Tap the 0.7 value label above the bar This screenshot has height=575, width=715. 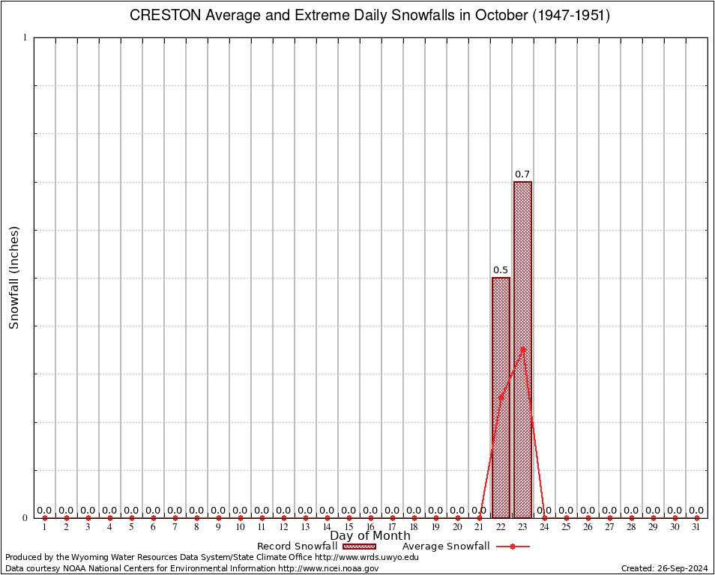click(x=522, y=174)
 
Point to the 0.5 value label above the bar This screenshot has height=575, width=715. click(x=501, y=270)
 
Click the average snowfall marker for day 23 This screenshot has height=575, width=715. click(x=523, y=347)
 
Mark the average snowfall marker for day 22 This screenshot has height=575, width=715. click(x=501, y=398)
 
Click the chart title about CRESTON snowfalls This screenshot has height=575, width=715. click(x=370, y=16)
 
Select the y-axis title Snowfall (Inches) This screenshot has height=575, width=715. click(x=13, y=278)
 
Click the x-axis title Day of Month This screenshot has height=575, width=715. click(x=370, y=535)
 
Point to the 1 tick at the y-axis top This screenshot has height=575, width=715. click(x=25, y=37)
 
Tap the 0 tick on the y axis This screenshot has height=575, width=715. click(x=25, y=517)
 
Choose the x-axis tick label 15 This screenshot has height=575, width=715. click(x=349, y=527)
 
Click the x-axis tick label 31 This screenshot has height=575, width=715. click(x=696, y=527)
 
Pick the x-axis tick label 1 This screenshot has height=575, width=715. click(x=44, y=527)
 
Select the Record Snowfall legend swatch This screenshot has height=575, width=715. click(x=359, y=547)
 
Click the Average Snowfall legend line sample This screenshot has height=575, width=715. click(x=512, y=547)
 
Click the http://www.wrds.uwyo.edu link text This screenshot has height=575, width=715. click(x=366, y=557)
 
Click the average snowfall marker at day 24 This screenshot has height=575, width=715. click(x=544, y=517)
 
